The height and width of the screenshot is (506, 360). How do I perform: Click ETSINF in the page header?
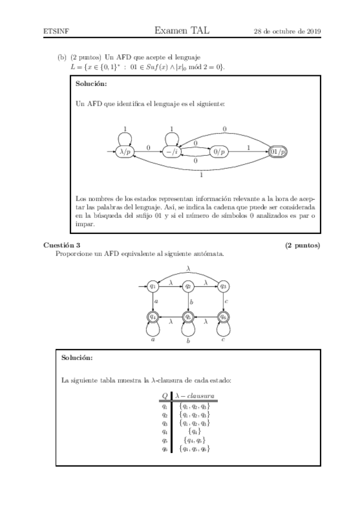[x=56, y=31]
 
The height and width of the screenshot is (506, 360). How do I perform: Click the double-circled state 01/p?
[x=278, y=152]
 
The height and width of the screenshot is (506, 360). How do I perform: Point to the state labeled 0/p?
[x=219, y=152]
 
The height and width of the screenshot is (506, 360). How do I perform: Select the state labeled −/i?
[x=173, y=152]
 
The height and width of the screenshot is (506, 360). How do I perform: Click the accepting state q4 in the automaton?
[x=153, y=317]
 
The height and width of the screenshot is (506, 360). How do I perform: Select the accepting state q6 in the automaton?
[x=223, y=317]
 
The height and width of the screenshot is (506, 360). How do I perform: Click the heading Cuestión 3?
[x=61, y=245]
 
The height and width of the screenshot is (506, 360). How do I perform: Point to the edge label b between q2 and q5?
[x=191, y=302]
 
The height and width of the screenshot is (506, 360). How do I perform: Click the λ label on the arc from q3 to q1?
[x=188, y=268]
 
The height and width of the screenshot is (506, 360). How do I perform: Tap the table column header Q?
[x=165, y=396]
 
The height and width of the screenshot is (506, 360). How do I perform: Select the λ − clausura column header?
[x=195, y=396]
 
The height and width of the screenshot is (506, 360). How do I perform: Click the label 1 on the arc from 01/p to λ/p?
[x=201, y=175]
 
